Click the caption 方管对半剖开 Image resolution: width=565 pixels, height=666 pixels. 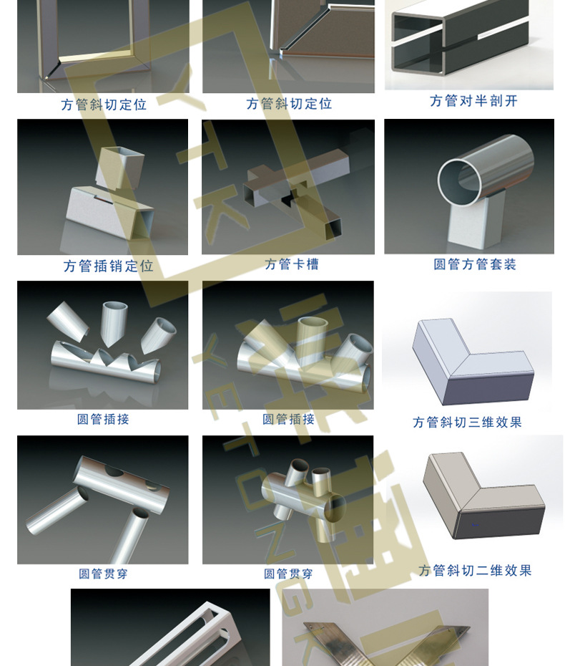tap(473, 101)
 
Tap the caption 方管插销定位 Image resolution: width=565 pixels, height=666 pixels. tap(108, 266)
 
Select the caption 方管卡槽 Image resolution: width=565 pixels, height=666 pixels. tap(292, 264)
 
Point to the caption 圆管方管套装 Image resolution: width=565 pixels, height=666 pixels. tap(475, 264)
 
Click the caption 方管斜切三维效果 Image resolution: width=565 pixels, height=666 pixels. tap(467, 423)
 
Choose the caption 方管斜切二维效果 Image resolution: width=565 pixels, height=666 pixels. tap(475, 571)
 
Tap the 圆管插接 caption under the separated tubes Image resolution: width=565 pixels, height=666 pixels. tap(103, 419)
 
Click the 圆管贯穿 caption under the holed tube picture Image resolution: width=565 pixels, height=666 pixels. tap(103, 574)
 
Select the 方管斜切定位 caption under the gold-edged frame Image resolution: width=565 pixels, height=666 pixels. tap(104, 105)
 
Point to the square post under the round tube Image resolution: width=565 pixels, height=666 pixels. tap(477, 220)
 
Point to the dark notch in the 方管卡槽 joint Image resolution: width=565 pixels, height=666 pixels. tap(293, 198)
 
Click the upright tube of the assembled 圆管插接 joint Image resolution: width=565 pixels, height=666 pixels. tap(313, 339)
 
